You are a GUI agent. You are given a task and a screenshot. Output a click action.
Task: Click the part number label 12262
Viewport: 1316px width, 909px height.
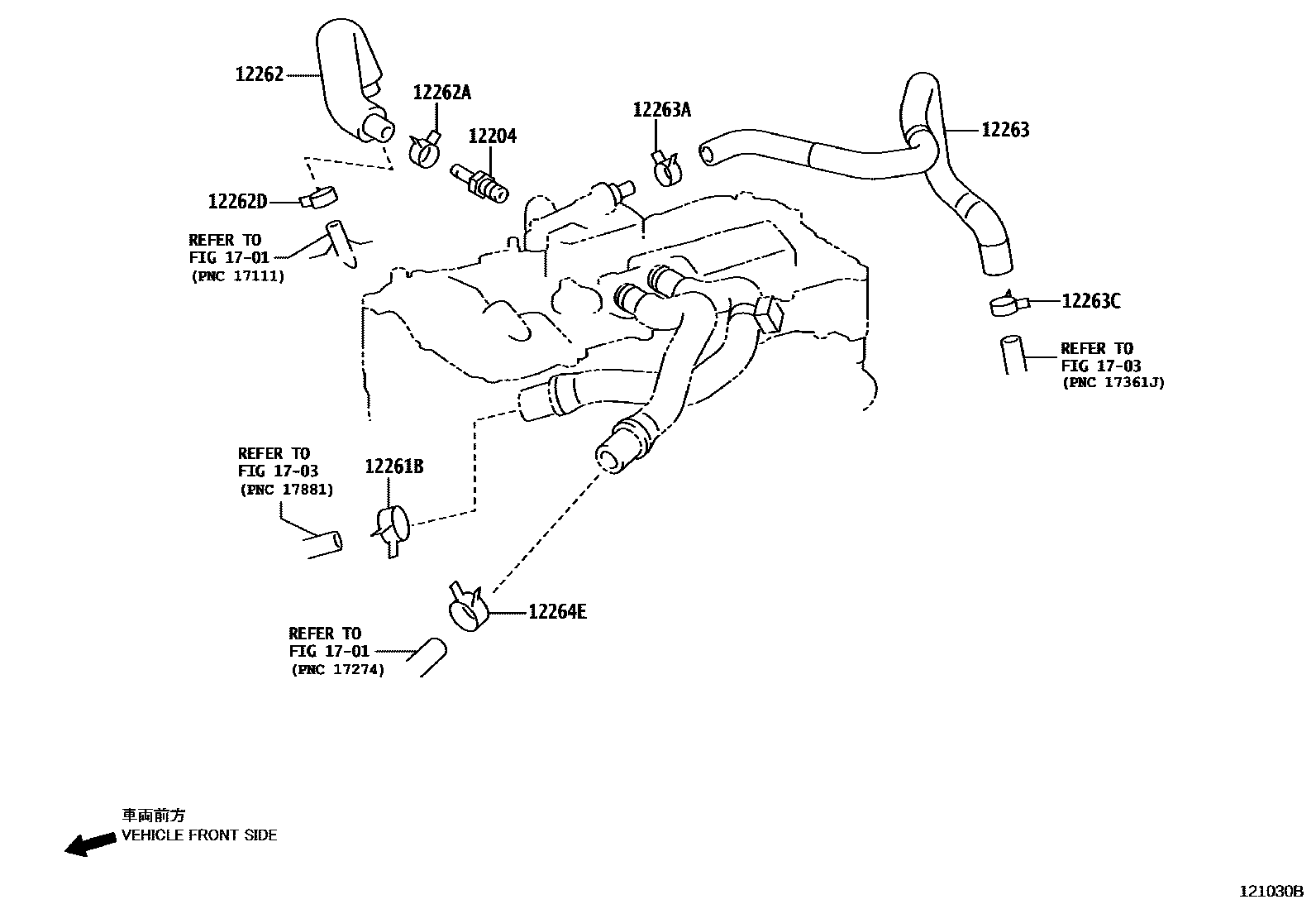pyautogui.click(x=259, y=74)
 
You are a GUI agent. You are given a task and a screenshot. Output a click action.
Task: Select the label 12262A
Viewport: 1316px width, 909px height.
pyautogui.click(x=441, y=93)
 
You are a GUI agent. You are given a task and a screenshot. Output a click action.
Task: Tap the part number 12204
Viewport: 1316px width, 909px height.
pyautogui.click(x=493, y=136)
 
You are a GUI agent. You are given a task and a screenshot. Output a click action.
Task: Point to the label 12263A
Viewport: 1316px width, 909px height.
pyautogui.click(x=661, y=110)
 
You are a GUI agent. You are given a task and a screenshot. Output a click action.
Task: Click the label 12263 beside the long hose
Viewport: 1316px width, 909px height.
pyautogui.click(x=1005, y=130)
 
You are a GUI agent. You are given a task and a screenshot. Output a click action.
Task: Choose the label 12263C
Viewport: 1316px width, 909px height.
pyautogui.click(x=1091, y=301)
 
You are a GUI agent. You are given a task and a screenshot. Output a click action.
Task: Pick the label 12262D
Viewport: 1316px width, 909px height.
pyautogui.click(x=238, y=201)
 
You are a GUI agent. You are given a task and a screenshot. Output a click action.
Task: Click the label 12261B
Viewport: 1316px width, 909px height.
pyautogui.click(x=393, y=467)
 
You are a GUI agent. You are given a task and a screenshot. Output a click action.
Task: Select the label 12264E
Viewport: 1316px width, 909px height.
pyautogui.click(x=557, y=612)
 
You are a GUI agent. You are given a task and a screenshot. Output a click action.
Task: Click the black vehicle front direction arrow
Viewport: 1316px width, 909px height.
pyautogui.click(x=90, y=844)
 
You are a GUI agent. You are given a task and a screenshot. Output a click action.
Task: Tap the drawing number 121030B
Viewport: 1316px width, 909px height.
pyautogui.click(x=1271, y=892)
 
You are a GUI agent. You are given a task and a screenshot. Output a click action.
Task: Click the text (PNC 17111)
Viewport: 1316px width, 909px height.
pyautogui.click(x=237, y=276)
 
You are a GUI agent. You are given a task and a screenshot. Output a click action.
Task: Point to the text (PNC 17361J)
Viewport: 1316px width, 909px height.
pyautogui.click(x=1113, y=383)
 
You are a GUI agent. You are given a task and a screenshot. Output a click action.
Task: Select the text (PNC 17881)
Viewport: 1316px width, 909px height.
pyautogui.click(x=286, y=490)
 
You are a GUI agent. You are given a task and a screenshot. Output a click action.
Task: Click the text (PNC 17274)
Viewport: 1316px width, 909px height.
pyautogui.click(x=337, y=670)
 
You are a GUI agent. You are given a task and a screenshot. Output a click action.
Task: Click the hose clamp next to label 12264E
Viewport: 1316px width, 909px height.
pyautogui.click(x=467, y=611)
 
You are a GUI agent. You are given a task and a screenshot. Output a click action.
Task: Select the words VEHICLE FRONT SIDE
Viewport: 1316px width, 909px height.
pyautogui.click(x=199, y=835)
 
